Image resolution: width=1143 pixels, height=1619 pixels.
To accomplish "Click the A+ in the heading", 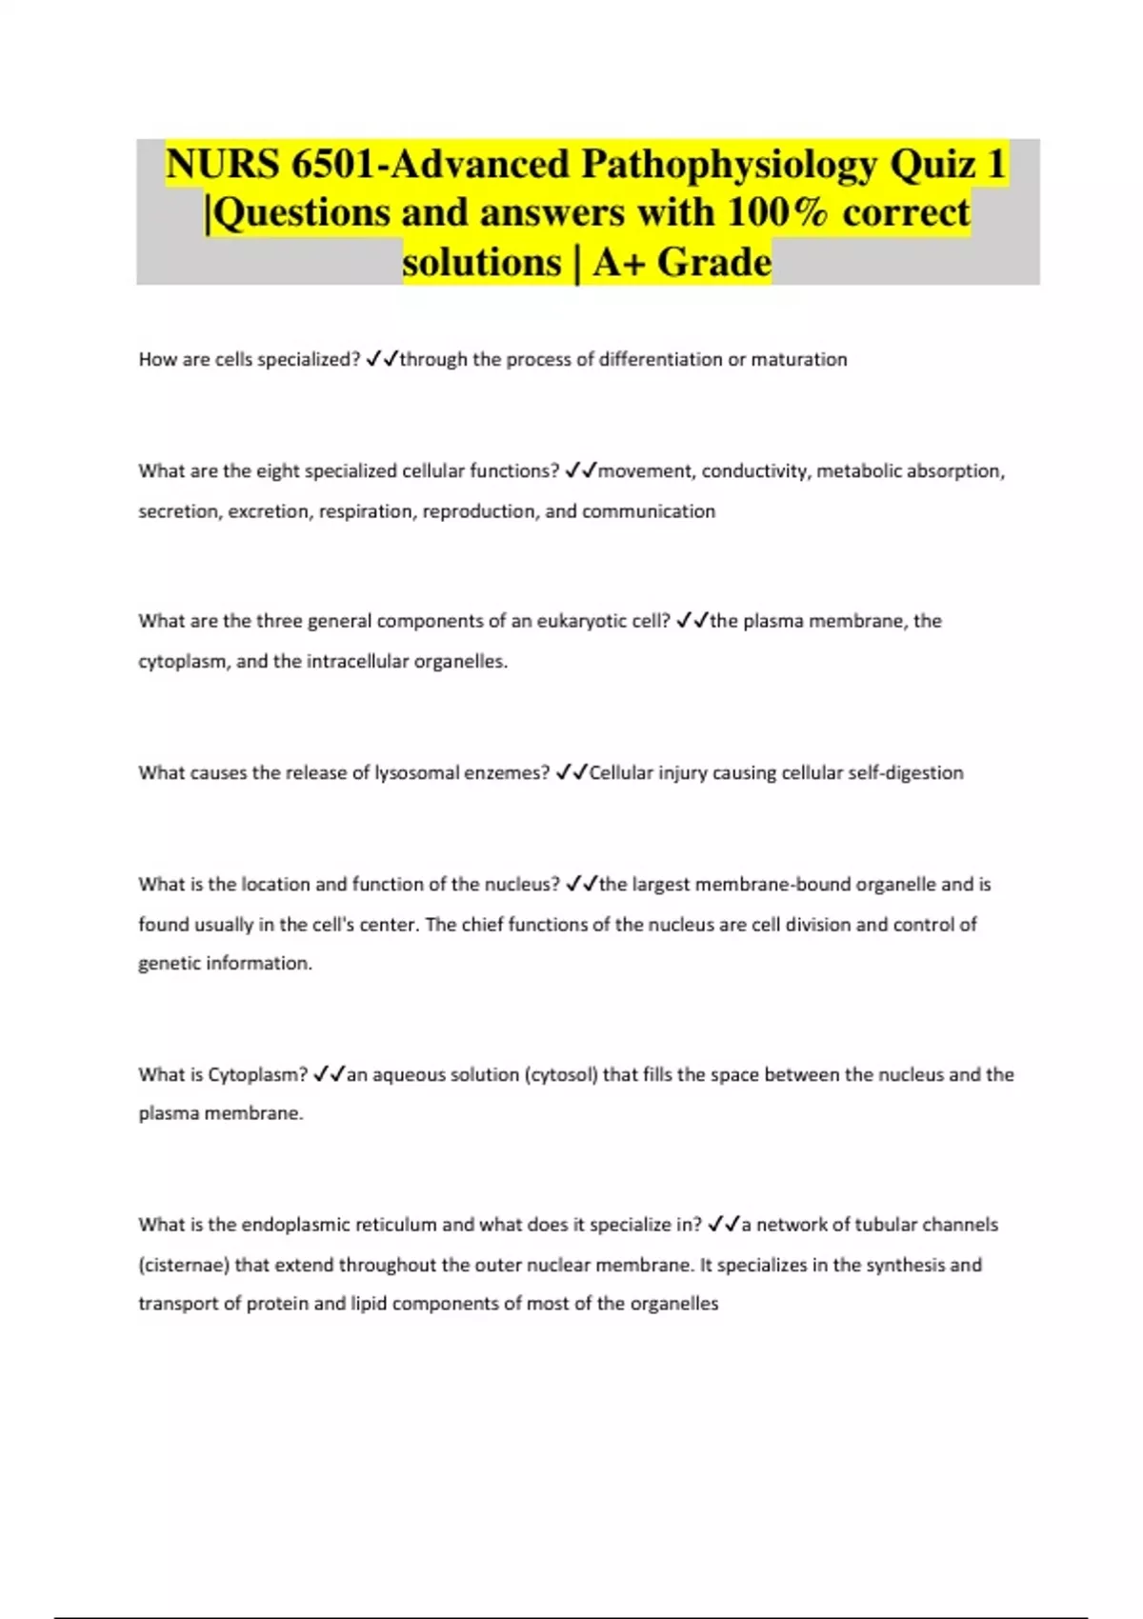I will coord(618,262).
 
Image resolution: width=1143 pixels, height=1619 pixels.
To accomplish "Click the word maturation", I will coord(798,360).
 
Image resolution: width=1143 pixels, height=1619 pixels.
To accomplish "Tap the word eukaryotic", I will coord(582,621).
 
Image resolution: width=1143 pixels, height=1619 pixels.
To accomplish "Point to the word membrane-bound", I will coord(772,885).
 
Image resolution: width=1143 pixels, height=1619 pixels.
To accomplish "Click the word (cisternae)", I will coord(184,1266).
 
